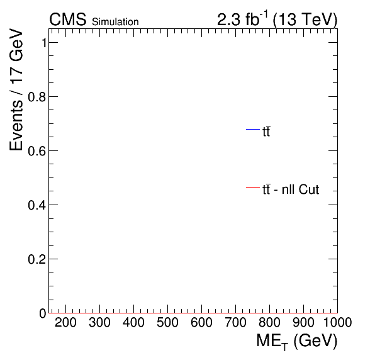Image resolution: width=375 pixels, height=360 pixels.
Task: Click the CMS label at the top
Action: (68, 20)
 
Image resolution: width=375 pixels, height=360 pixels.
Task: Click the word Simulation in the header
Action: (115, 22)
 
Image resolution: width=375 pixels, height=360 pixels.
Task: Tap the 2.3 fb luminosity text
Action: (242, 19)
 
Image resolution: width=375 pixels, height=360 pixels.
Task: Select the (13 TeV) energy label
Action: (305, 20)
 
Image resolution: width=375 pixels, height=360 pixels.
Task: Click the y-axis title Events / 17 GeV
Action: (16, 89)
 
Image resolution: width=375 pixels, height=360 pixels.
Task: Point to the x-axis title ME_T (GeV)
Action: (297, 341)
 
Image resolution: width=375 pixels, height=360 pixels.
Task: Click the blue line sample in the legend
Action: (253, 130)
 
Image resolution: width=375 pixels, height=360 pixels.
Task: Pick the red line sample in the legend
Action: (253, 187)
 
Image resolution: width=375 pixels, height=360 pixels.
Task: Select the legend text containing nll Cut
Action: (291, 189)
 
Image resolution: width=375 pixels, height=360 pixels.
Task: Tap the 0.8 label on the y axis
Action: (37, 97)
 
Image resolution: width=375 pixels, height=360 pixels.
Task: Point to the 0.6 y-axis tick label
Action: (37, 151)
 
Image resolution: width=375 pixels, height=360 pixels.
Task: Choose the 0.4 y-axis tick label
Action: (37, 205)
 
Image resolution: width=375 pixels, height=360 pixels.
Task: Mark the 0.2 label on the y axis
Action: (37, 259)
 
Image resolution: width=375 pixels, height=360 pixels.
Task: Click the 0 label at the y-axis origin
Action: (43, 313)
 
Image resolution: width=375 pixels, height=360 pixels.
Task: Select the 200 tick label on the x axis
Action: (65, 322)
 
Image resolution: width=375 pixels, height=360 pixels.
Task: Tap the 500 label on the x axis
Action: (167, 322)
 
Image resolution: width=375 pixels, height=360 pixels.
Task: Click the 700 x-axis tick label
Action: (235, 322)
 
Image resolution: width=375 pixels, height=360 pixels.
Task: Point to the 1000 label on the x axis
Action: (337, 322)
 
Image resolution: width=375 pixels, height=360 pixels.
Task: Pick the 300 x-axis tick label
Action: (99, 322)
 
